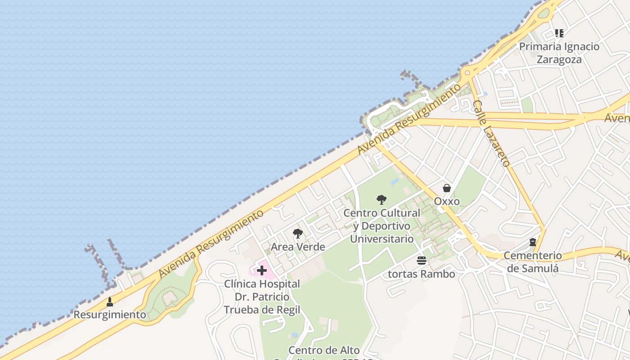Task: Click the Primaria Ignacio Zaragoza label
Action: point(559,53)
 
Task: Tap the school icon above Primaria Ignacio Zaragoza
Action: point(559,33)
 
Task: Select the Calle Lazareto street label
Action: point(491,133)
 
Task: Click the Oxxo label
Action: point(447,201)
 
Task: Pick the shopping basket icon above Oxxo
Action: point(447,188)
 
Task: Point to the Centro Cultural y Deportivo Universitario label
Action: point(382,226)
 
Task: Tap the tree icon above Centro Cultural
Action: point(382,199)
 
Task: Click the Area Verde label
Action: point(298,247)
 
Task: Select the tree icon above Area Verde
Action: point(297,234)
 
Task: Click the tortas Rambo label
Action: point(422,274)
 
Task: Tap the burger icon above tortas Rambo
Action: point(422,260)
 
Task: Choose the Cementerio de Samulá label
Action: point(533,262)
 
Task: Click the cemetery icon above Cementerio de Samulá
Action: point(533,242)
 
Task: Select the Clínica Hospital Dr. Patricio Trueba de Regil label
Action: point(262,297)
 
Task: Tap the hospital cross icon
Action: point(262,270)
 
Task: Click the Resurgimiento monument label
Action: point(110,315)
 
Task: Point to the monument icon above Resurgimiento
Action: point(110,301)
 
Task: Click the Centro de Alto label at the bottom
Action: point(324,351)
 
